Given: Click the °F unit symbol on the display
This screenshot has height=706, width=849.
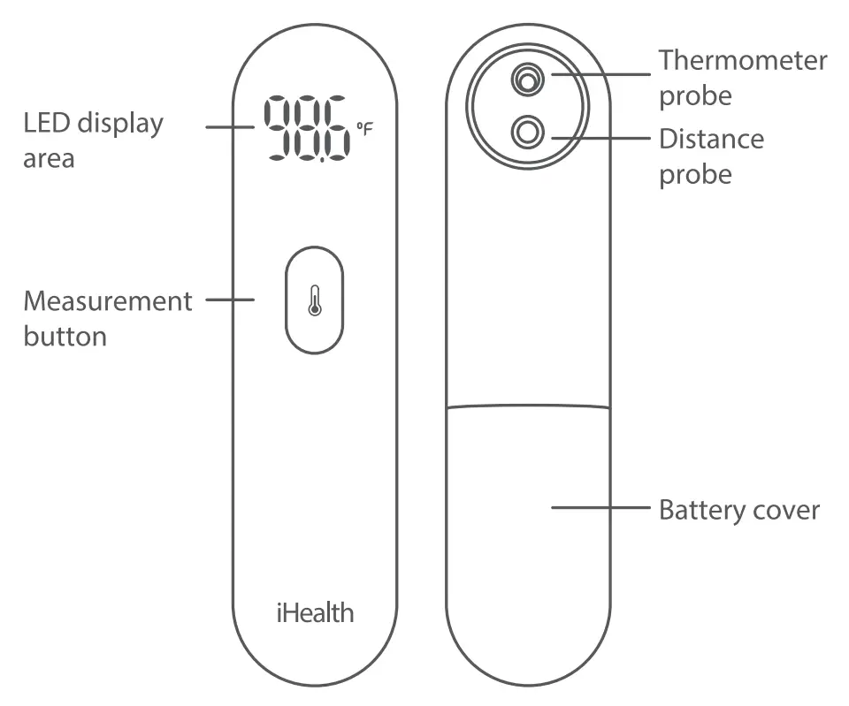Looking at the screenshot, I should [364, 129].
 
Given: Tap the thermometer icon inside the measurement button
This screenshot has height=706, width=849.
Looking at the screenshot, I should [314, 300].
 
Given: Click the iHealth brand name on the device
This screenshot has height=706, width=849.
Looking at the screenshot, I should [314, 612].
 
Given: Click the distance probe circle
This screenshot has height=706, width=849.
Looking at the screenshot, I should [528, 133].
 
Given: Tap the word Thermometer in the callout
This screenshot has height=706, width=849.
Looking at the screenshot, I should [743, 60].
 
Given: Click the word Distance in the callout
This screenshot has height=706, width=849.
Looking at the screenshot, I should [711, 139].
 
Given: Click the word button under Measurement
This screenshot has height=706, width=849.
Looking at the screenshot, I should [65, 337].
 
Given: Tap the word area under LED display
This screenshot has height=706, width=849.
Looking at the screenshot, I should [49, 159].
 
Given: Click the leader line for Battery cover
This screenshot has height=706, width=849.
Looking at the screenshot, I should [601, 507].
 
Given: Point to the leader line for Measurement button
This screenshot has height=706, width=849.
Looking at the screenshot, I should [230, 300].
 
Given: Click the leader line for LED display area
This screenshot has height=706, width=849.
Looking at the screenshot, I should [230, 126].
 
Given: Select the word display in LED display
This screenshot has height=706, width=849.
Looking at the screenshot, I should [119, 123].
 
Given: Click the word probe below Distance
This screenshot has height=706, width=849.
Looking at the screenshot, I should [695, 174].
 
